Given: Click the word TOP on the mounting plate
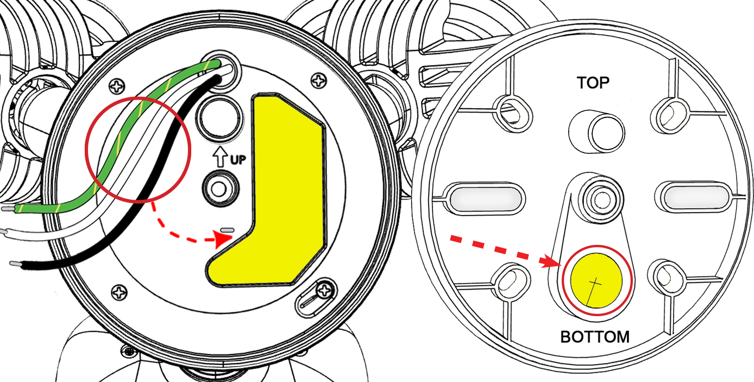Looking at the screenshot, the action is (x=593, y=83).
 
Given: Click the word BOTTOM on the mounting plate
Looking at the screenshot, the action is (x=595, y=337).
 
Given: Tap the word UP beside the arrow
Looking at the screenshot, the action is (x=238, y=159).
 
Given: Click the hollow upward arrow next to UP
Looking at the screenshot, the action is (x=220, y=156).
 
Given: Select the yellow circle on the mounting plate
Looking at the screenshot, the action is (x=596, y=281).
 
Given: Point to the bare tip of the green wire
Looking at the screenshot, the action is (x=8, y=209).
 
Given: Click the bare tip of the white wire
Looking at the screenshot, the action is (x=3, y=232).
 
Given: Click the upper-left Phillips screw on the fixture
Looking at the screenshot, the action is (x=117, y=87).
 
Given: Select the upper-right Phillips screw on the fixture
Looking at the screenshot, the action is (x=318, y=80).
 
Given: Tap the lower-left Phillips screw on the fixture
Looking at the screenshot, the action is (x=120, y=292).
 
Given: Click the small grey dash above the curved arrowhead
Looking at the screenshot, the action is (x=227, y=230).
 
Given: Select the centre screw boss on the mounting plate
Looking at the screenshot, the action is (x=600, y=200).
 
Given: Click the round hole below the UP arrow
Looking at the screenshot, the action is (x=220, y=189).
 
